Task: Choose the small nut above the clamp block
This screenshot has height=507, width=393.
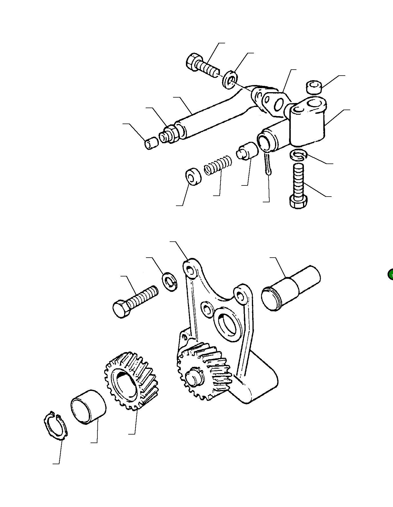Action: [314, 87]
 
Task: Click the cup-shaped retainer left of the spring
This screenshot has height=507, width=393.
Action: [193, 177]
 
